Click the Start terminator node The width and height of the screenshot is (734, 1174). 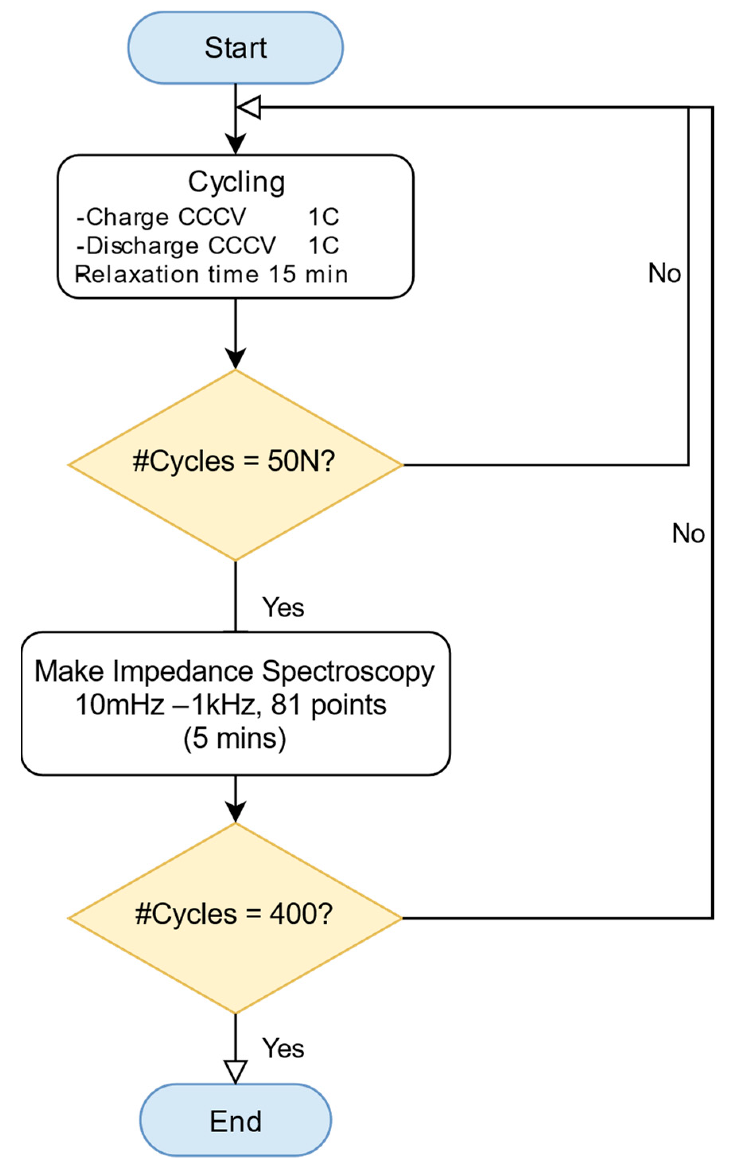coord(235,48)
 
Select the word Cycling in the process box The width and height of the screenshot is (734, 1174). coord(237,182)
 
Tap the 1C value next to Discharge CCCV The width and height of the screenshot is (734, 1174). coord(323,245)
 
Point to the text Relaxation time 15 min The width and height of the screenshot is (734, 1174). coord(211,275)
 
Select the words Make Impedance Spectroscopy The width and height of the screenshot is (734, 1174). coord(235,672)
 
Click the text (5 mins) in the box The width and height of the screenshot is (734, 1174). coord(235,738)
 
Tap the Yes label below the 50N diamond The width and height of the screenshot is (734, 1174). coord(283,607)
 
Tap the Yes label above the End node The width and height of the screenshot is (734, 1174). coord(283,1048)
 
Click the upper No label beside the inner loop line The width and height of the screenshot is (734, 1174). coord(664,273)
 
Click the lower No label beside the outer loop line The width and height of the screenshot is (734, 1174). coord(688,533)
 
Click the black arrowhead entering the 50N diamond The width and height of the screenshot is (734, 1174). coord(235,359)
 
